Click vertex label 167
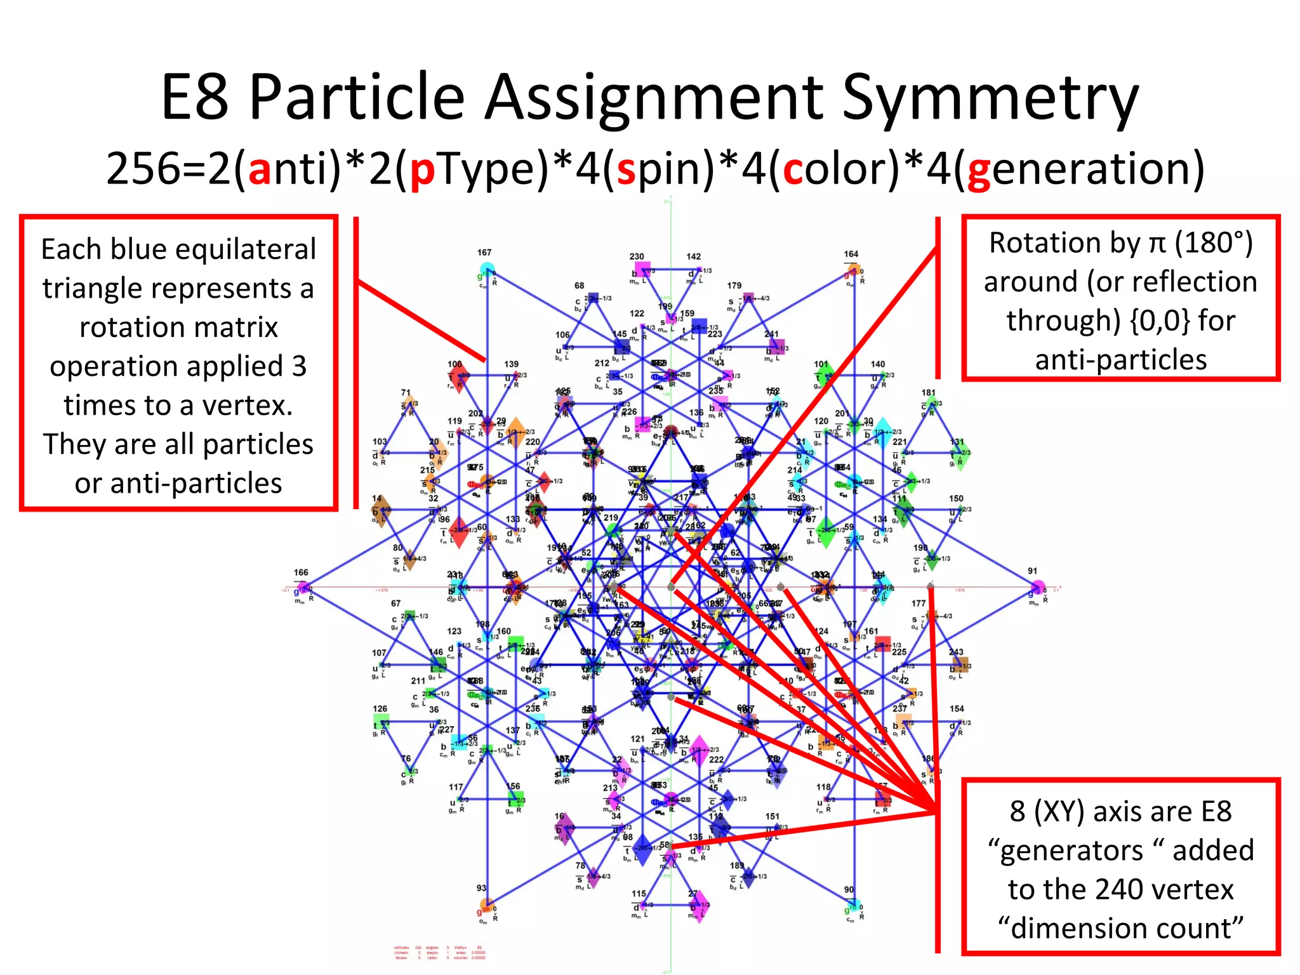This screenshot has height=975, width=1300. coord(484,253)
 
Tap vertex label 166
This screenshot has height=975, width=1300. coord(301,573)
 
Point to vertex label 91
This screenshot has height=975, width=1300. coord(1033,571)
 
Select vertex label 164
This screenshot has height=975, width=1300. coord(851,254)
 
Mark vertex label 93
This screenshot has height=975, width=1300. coord(481,888)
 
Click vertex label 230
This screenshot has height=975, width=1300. coord(637,256)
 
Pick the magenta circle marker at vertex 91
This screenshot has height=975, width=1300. coord(1037,587)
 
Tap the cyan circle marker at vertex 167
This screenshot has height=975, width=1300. coord(486,269)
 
